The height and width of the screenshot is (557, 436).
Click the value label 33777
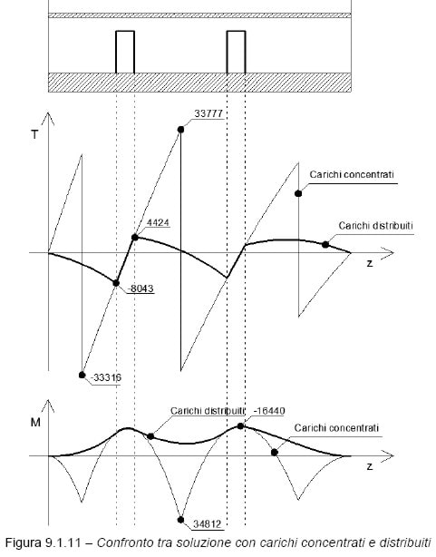click(208, 113)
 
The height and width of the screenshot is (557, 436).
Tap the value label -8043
click(140, 288)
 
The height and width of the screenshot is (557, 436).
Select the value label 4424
click(158, 223)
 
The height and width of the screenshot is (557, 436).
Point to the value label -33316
click(106, 377)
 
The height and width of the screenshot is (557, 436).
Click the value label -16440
click(269, 411)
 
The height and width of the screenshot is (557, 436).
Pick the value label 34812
click(208, 524)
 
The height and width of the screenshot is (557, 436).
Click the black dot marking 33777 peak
click(180, 130)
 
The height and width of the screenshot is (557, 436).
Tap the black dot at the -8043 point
click(116, 283)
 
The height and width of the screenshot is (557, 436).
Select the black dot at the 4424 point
click(134, 237)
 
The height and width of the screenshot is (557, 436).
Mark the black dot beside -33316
click(82, 375)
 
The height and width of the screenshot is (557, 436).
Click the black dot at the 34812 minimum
click(180, 520)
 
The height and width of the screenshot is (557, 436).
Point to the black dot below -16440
click(240, 426)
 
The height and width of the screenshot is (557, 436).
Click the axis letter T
click(34, 134)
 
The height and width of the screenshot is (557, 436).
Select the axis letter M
click(35, 423)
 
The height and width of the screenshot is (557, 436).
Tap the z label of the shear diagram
click(370, 263)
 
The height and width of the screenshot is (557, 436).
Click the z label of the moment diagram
click(370, 466)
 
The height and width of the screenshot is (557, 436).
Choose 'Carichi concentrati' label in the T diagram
click(352, 174)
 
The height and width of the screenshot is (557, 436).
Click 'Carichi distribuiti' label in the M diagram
click(208, 411)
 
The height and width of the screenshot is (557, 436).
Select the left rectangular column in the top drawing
click(125, 52)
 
